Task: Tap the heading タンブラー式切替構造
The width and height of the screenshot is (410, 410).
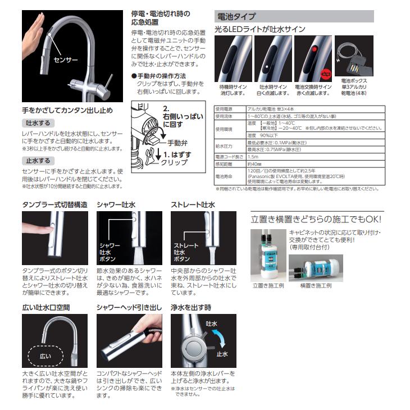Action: [x=54, y=205]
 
